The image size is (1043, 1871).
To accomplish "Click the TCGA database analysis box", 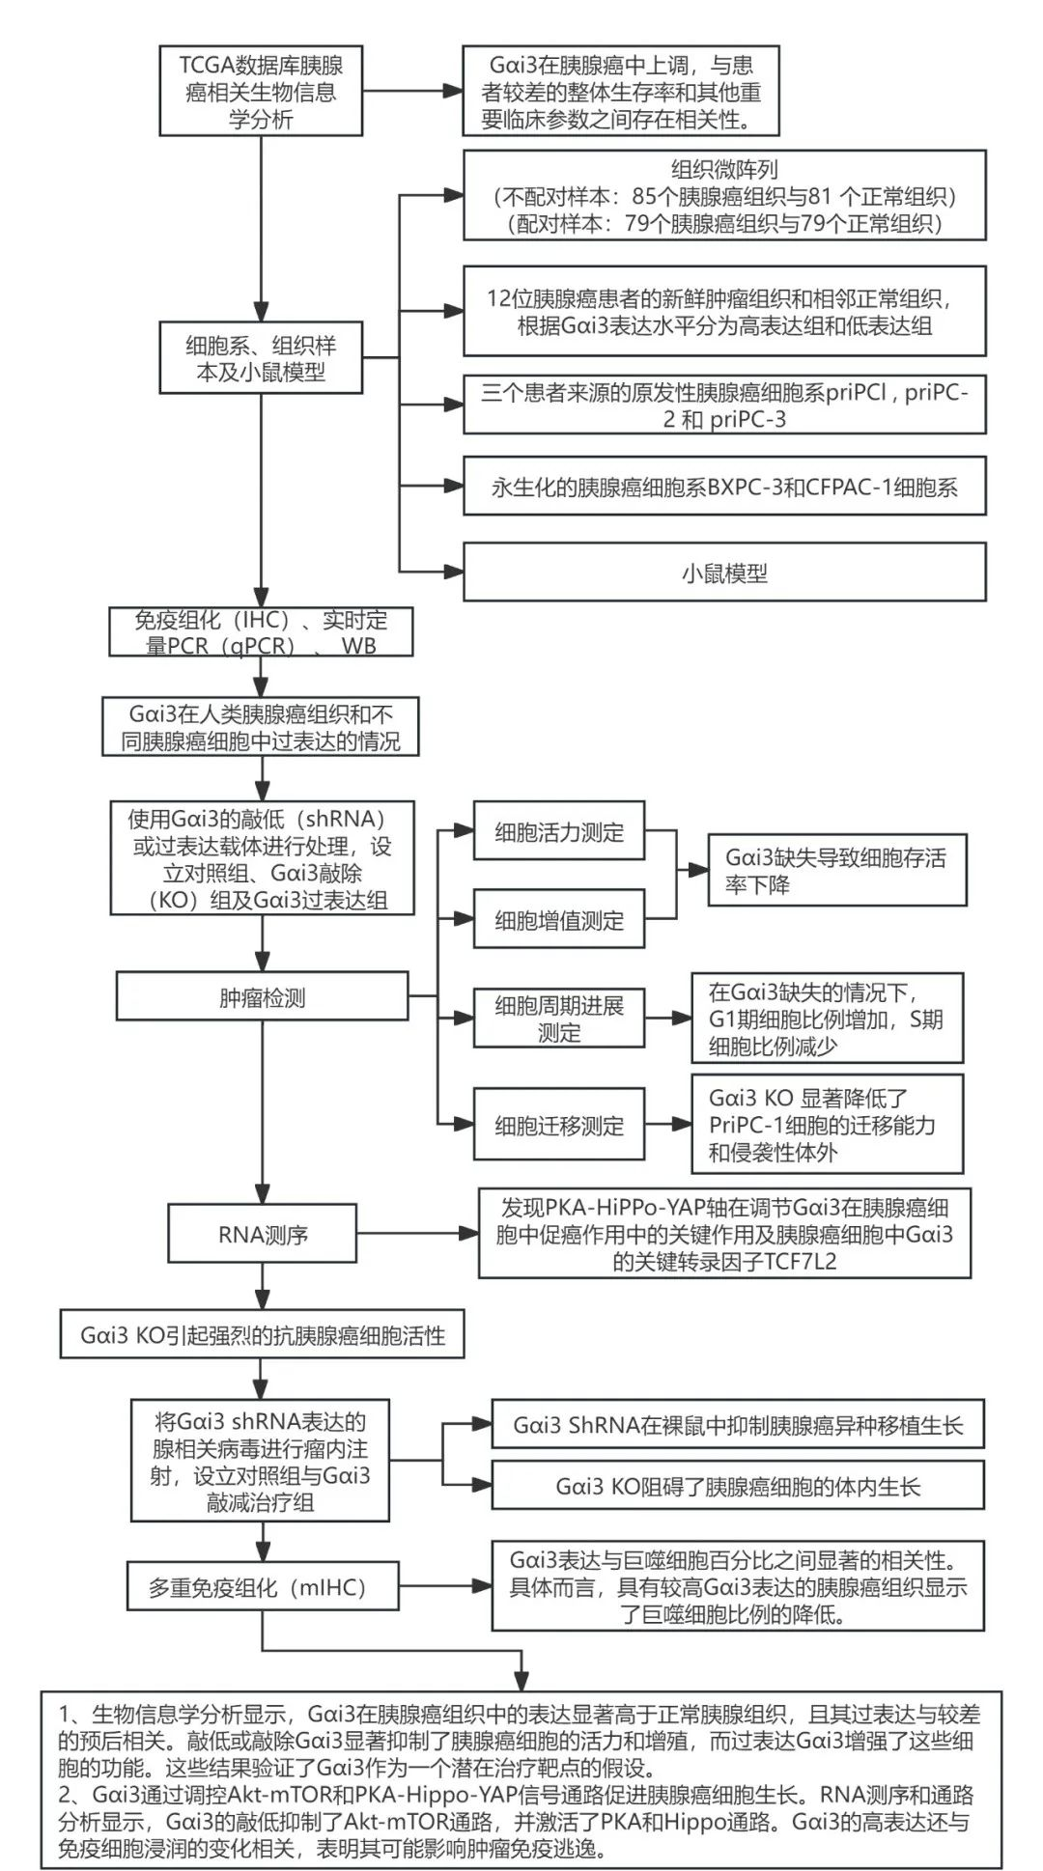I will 261,93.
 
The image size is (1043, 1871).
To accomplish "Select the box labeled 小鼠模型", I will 724,572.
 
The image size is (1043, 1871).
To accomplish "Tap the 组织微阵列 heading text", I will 724,171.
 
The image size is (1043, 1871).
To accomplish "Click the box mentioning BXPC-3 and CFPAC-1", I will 724,488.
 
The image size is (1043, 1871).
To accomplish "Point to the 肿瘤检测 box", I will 262,997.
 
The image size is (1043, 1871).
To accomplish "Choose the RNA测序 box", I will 262,1234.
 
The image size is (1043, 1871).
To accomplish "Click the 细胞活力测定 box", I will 559,831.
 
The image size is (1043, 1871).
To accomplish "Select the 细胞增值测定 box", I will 559,920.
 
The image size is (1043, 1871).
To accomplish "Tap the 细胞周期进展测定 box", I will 559,1019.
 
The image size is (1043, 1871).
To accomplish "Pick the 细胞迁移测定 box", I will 559,1125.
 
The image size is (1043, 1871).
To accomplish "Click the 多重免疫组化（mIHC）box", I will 263,1587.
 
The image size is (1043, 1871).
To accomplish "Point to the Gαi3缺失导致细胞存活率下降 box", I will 837,871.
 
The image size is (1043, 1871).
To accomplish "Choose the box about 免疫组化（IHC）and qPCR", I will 261,633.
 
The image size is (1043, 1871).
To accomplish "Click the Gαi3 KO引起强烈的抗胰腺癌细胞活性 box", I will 263,1335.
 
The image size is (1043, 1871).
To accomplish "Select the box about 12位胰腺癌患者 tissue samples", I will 724,311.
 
